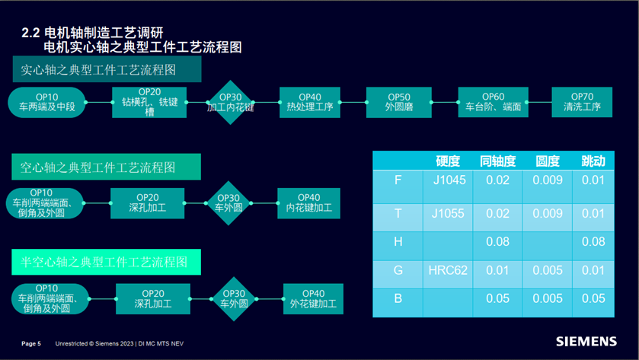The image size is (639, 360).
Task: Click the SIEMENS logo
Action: point(586,342)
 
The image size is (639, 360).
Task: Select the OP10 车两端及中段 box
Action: point(46,103)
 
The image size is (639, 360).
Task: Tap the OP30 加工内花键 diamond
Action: point(230,103)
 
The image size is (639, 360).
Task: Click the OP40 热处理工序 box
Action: point(310,103)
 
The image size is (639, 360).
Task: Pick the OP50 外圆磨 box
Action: point(399,103)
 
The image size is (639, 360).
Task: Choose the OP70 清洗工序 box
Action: point(582,103)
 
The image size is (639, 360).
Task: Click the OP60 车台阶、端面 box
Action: point(493,103)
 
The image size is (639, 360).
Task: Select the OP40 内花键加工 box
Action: point(308,202)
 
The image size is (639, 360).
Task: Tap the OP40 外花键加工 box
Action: point(313,299)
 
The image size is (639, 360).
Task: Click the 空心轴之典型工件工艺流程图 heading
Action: point(106,167)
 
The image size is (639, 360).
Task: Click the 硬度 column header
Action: point(448,161)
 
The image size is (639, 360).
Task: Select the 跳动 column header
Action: point(593,161)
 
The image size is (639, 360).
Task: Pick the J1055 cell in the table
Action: point(448,214)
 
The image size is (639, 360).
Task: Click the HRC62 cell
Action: point(448,270)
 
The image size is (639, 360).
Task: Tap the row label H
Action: point(398,242)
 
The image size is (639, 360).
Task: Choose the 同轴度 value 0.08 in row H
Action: point(497,242)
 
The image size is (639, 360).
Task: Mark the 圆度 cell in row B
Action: point(548,299)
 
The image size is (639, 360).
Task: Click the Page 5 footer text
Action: point(31,344)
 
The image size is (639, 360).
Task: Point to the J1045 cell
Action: point(448,180)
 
